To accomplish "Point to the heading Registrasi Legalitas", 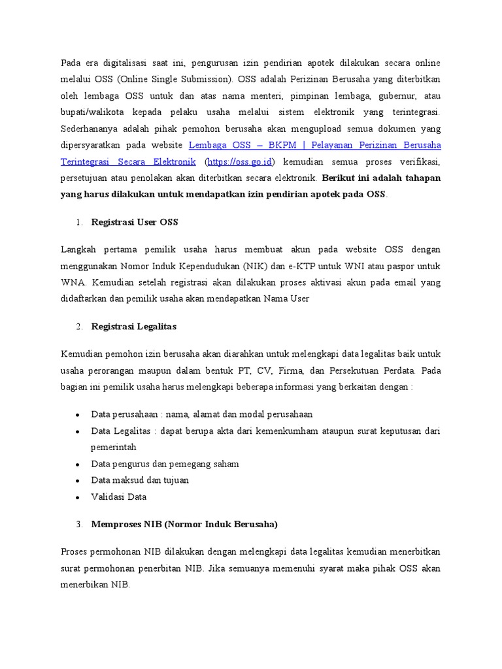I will pyautogui.click(x=134, y=326).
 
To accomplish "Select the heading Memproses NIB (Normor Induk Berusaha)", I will pyautogui.click(x=184, y=524).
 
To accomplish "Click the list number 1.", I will pyautogui.click(x=78, y=222).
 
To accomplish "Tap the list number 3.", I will pyautogui.click(x=78, y=524).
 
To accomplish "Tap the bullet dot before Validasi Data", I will pyautogui.click(x=78, y=497).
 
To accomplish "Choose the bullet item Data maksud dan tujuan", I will pyautogui.click(x=140, y=480).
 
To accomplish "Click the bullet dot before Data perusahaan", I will pyautogui.click(x=78, y=415).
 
